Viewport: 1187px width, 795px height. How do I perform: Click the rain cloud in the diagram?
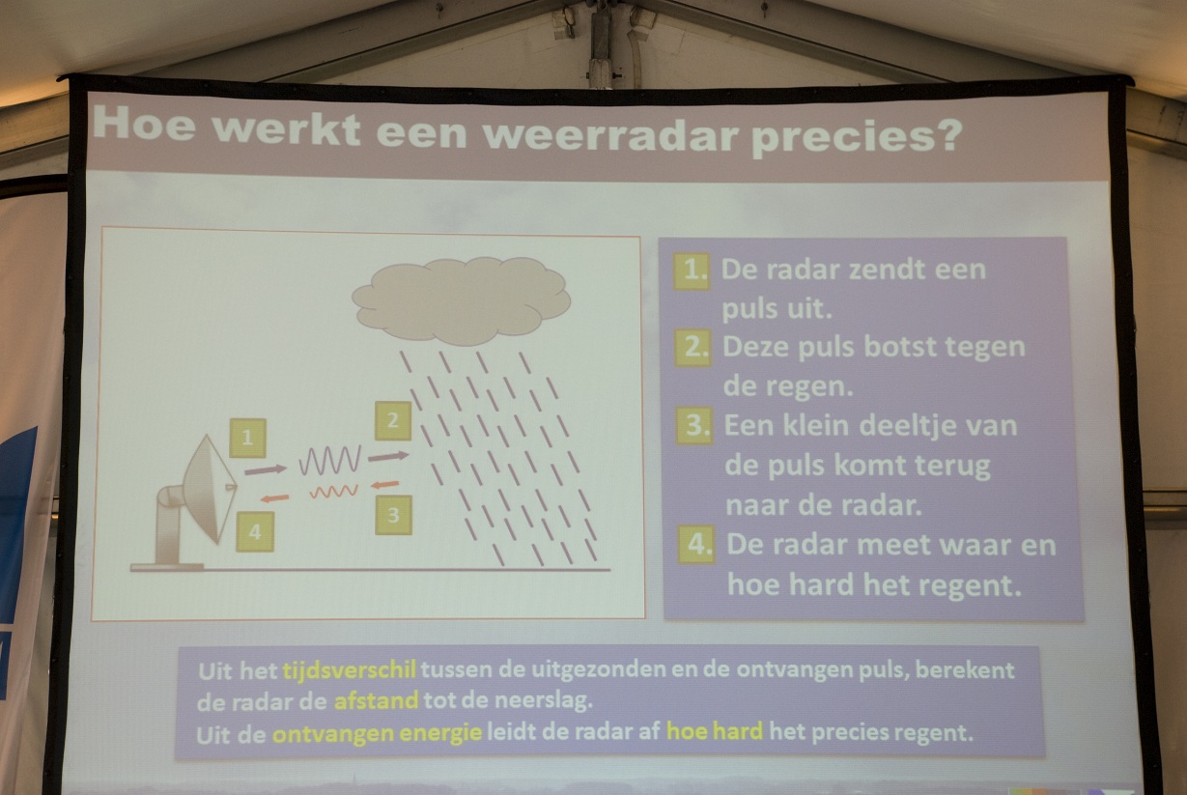461,300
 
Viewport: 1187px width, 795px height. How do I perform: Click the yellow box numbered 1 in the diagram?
247,438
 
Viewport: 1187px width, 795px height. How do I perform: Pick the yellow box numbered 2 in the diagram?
393,421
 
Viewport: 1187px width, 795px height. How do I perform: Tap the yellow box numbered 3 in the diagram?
393,515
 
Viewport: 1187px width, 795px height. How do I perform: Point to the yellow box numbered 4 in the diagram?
255,531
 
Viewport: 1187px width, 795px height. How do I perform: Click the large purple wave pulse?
330,460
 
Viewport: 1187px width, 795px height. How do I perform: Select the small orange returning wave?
334,492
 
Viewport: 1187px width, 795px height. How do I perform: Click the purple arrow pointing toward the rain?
388,456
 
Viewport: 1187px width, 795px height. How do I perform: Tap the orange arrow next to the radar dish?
275,498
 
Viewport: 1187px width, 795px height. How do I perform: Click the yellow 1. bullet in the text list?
692,271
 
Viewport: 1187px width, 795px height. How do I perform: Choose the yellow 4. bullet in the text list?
696,544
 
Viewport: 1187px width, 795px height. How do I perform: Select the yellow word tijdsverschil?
350,670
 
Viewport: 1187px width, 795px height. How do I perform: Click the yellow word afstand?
377,701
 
